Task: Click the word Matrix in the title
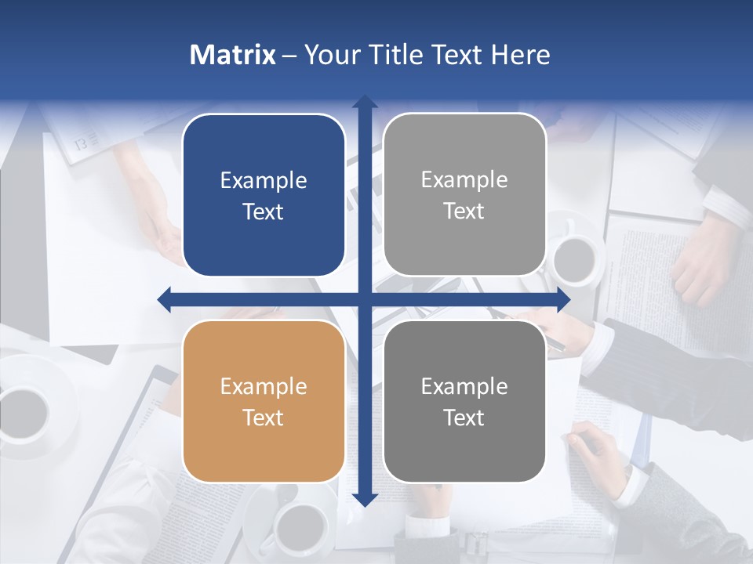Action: (x=232, y=55)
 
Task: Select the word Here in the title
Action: (x=520, y=55)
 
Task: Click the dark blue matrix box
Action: (x=264, y=195)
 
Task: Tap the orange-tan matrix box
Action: (x=264, y=401)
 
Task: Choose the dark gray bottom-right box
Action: (x=464, y=401)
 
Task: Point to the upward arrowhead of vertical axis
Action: (x=365, y=102)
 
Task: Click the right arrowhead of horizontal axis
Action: (x=563, y=299)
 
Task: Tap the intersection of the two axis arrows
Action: (x=365, y=299)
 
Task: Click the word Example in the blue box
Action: (x=264, y=181)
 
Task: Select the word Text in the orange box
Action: (x=264, y=418)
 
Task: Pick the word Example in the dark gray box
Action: (x=464, y=386)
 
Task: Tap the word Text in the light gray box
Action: (x=464, y=211)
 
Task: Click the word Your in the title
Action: (x=329, y=55)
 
